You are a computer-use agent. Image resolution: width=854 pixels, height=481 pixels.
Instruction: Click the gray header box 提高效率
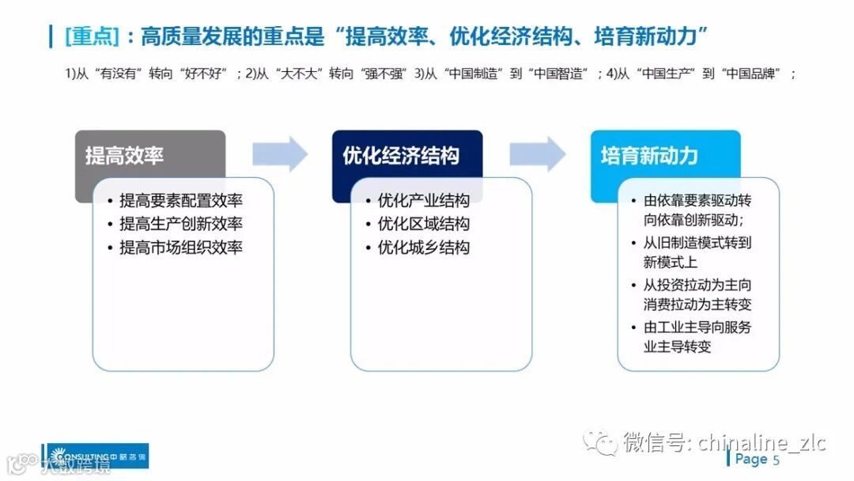[149, 155]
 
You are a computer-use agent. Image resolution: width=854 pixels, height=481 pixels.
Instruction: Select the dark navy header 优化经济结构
[406, 155]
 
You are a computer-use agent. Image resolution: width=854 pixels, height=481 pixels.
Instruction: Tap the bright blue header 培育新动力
[664, 155]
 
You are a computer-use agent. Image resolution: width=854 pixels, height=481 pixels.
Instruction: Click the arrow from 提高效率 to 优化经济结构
[280, 154]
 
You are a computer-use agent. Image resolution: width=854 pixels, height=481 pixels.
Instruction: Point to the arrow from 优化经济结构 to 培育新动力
[538, 154]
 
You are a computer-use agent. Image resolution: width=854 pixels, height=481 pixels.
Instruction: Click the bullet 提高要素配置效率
[180, 200]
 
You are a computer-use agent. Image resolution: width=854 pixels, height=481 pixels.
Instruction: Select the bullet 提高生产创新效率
[180, 224]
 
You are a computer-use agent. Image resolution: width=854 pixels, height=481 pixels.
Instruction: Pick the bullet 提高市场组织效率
[180, 248]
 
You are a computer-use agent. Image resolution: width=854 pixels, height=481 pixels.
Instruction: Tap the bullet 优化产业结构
[423, 200]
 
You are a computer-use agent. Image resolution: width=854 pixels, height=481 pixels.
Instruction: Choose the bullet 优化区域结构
[423, 224]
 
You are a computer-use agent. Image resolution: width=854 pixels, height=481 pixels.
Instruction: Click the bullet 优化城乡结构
[423, 248]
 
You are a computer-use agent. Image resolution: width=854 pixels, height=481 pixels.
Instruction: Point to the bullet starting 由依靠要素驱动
[697, 210]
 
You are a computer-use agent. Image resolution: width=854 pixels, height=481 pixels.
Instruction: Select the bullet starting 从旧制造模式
[697, 252]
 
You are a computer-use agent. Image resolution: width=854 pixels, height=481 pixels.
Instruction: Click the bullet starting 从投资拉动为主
[697, 294]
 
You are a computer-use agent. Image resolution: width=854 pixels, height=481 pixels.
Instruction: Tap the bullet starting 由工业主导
[697, 337]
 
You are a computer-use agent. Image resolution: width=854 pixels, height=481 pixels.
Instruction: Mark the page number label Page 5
[757, 459]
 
